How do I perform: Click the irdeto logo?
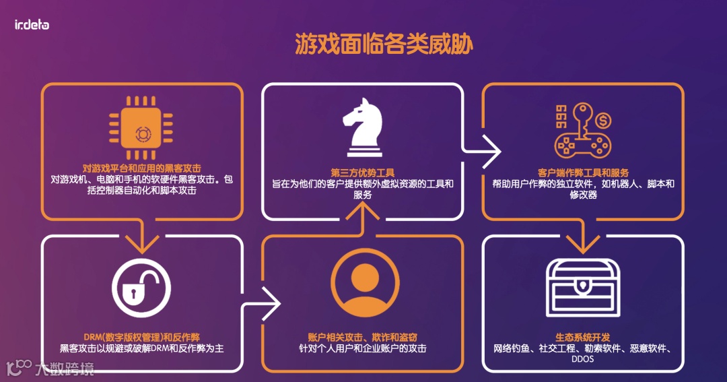point(32,25)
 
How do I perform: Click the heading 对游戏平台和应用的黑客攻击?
point(141,168)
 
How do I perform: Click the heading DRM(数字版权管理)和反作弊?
point(141,337)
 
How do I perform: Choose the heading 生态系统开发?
point(583,337)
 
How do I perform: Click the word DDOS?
point(583,360)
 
